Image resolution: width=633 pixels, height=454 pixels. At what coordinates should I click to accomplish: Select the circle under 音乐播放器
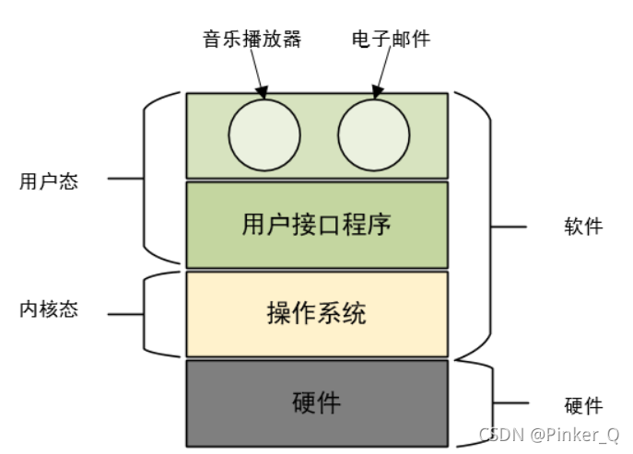(264, 134)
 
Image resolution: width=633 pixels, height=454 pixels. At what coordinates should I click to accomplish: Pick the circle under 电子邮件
(373, 134)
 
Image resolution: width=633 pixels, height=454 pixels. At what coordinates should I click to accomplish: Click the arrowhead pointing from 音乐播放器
(262, 93)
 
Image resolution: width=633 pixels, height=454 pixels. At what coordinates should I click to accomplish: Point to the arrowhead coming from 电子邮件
(377, 93)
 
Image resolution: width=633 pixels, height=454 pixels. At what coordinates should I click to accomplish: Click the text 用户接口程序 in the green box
(316, 225)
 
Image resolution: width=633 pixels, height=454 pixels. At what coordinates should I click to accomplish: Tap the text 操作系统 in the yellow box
(316, 313)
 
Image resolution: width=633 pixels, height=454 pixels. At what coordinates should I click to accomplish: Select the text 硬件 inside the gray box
(316, 403)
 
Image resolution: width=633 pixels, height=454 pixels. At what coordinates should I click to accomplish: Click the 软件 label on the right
(582, 226)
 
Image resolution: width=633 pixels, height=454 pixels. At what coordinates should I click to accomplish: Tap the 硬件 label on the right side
(582, 405)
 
